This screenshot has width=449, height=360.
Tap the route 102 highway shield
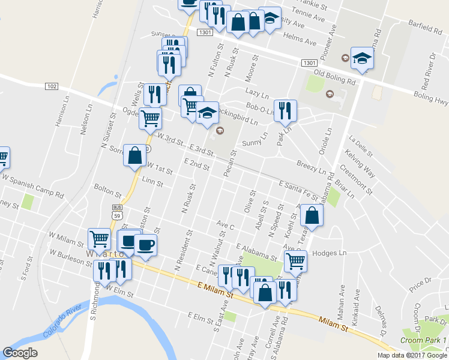[x=51, y=86]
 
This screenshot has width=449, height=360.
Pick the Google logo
[x=20, y=353]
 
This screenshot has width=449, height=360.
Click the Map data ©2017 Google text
[x=412, y=355]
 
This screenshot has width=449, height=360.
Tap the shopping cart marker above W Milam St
[x=100, y=238]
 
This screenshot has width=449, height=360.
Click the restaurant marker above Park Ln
[x=285, y=110]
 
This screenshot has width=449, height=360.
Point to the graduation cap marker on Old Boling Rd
[x=362, y=58]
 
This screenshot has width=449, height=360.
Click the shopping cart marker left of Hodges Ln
[x=295, y=261]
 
